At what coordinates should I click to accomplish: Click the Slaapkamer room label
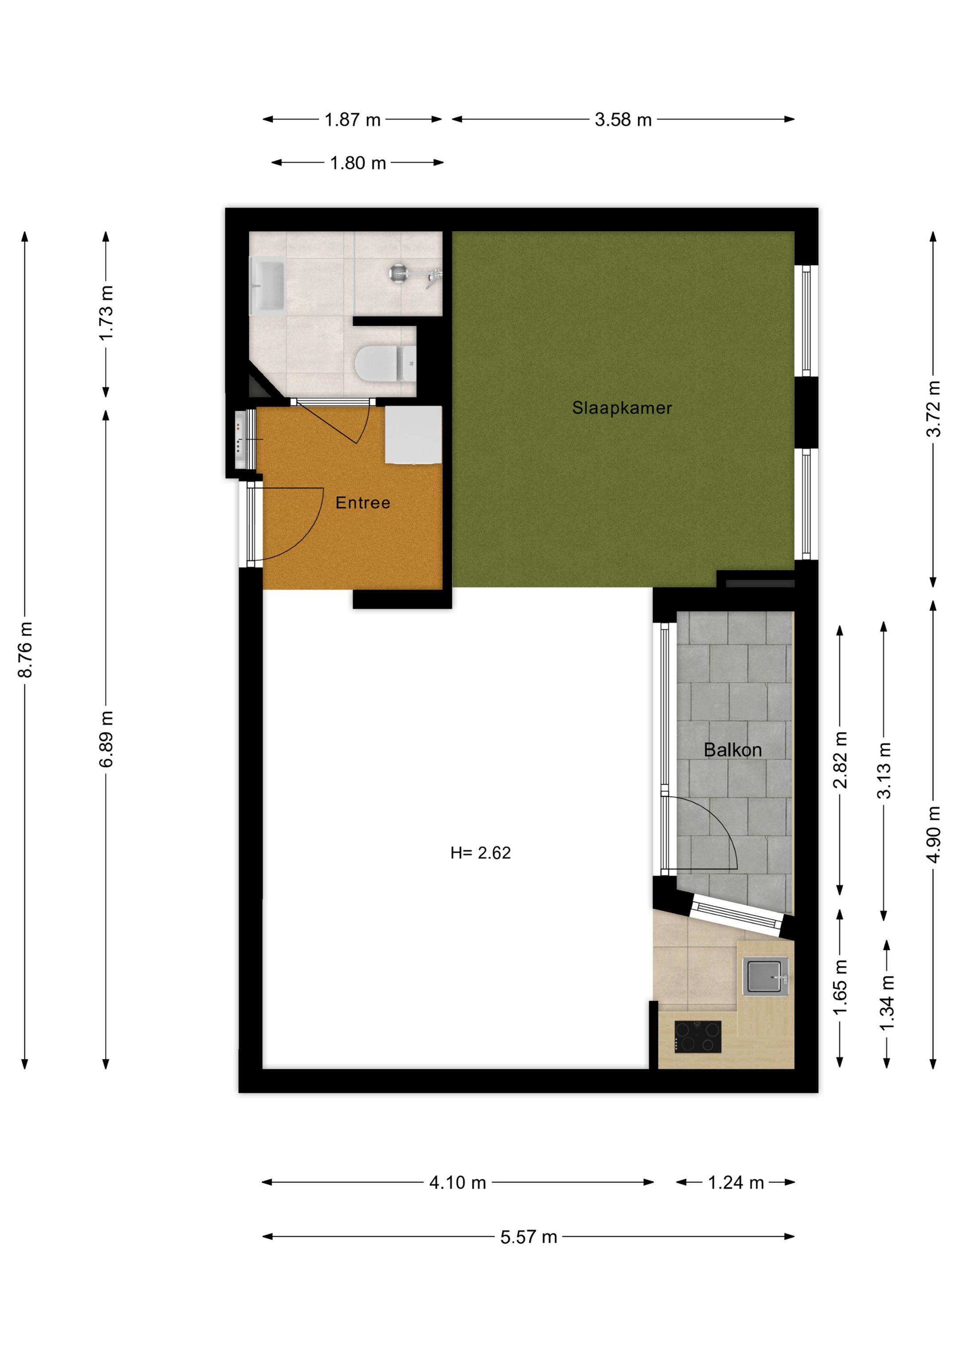coord(622,408)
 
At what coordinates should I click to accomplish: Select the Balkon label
coord(733,750)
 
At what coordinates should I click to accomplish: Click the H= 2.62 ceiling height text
coord(480,853)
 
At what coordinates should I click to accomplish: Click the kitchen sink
coord(765,976)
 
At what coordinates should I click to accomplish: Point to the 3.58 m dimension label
coord(623,120)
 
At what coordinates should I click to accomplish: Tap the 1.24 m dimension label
coord(736,1183)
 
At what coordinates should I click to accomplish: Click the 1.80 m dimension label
coord(358,163)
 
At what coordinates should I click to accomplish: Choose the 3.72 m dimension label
coord(933,409)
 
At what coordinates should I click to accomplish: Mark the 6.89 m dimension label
coord(106,739)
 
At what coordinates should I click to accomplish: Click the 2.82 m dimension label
coord(840,759)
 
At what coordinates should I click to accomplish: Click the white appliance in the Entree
coord(414,435)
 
